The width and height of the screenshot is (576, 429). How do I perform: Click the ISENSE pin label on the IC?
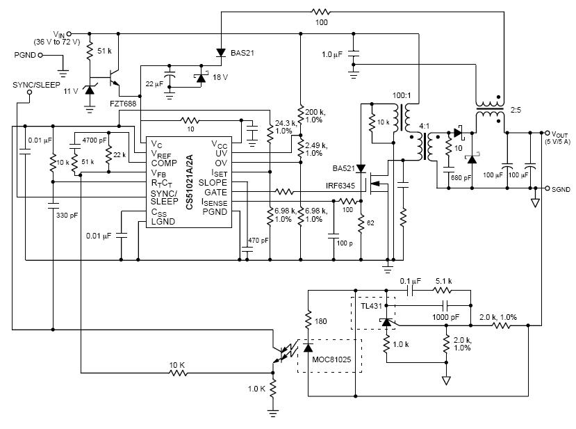coord(214,202)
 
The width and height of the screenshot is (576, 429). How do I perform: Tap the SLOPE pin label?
coord(213,182)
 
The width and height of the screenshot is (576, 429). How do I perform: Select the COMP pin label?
coord(164,163)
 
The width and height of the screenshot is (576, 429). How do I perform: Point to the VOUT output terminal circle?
coord(546,131)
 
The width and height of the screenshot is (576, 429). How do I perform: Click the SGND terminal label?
coord(561,188)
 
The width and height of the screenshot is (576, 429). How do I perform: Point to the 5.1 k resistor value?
coord(443,282)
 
